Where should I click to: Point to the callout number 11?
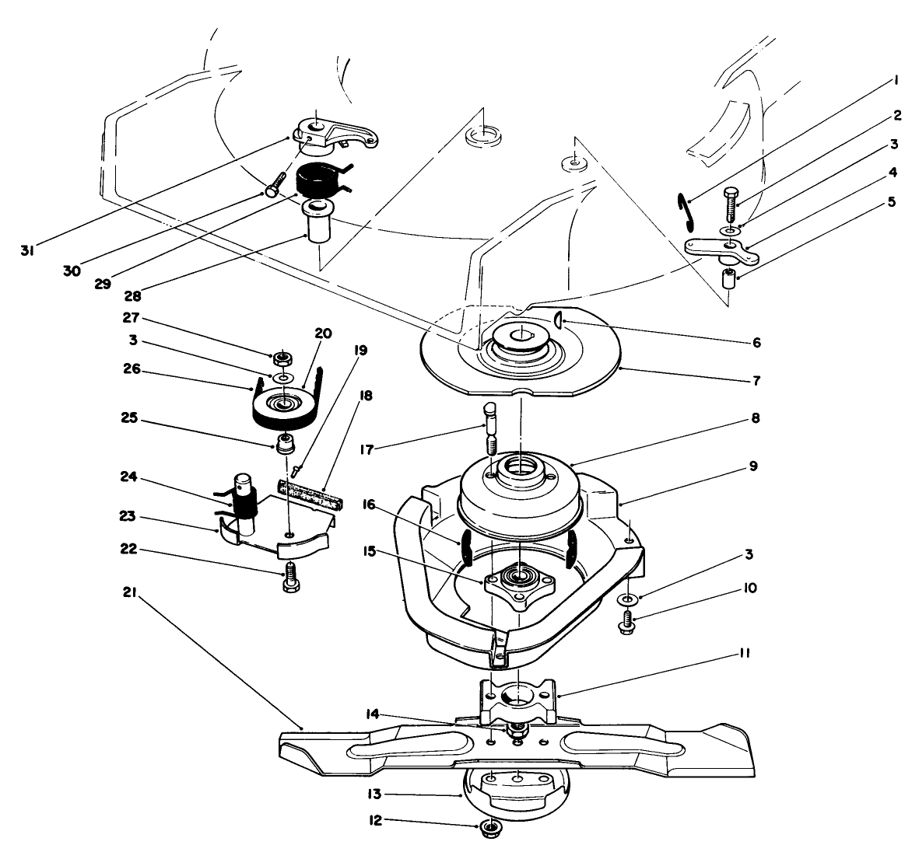pyautogui.click(x=744, y=655)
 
